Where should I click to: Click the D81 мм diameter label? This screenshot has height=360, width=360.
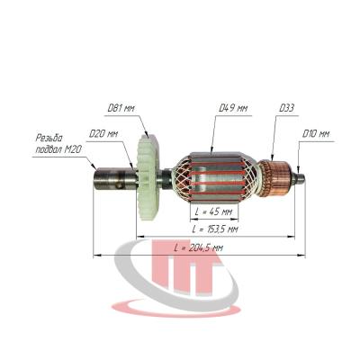(121, 108)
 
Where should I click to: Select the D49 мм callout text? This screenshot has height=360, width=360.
(233, 108)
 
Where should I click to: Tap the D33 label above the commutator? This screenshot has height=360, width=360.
(286, 108)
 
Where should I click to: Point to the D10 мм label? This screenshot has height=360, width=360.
(315, 133)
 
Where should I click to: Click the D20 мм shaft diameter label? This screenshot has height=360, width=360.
(103, 133)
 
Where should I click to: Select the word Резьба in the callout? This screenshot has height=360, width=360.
(49, 138)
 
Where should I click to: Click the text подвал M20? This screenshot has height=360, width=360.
(58, 149)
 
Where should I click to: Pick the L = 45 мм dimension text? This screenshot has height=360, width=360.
(214, 211)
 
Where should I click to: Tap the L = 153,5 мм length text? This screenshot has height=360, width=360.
(215, 229)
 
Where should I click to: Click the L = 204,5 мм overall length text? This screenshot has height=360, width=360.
(199, 247)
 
